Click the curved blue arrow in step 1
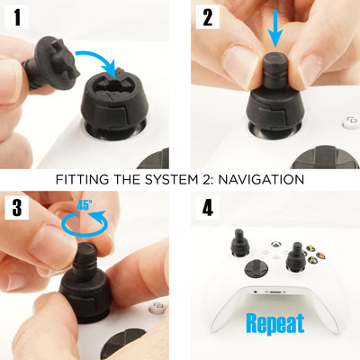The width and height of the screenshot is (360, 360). point(98,61)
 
